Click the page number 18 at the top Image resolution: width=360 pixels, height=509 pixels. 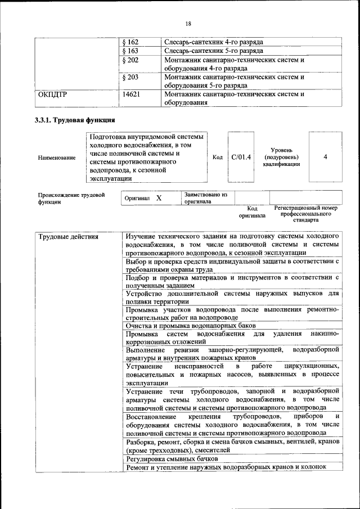pyautogui.click(x=188, y=23)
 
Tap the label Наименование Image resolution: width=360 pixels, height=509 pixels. pyautogui.click(x=57, y=158)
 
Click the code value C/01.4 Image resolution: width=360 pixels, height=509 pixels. pyautogui.click(x=241, y=157)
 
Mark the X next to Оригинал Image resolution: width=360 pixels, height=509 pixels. pyautogui.click(x=159, y=199)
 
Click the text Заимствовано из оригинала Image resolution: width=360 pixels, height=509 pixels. pyautogui.click(x=205, y=197)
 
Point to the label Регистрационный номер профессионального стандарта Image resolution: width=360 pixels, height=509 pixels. pyautogui.click(x=306, y=214)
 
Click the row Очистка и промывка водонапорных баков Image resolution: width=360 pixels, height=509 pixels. pyautogui.click(x=191, y=326)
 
